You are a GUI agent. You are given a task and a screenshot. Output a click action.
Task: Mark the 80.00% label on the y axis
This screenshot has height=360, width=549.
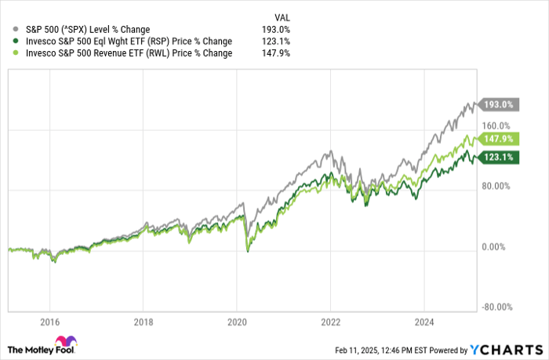point(497,186)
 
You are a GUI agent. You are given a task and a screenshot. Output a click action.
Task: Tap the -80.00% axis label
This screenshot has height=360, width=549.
point(497,307)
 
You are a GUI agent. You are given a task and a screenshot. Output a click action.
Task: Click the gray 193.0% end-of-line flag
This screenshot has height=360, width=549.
point(497,104)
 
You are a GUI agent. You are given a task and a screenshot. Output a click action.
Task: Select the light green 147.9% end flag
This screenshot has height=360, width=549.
point(497,139)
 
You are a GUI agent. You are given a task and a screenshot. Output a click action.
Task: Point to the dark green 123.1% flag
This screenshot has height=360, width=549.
point(497,157)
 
